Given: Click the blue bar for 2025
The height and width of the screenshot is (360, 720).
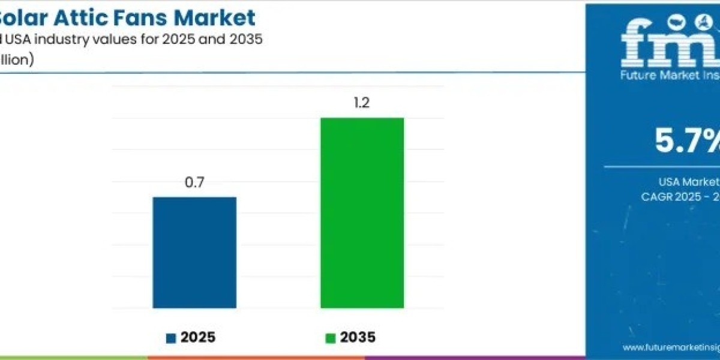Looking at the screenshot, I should [x=194, y=252].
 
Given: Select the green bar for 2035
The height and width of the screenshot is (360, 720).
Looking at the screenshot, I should [x=362, y=213].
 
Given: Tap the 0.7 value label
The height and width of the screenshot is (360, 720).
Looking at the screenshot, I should [x=194, y=183].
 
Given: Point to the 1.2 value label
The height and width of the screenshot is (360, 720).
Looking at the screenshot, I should [x=362, y=103].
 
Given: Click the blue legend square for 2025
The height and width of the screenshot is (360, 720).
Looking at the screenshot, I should [x=171, y=338].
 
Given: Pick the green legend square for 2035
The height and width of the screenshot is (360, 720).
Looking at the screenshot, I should [x=330, y=338].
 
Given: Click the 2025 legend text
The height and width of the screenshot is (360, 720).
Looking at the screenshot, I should [x=197, y=338].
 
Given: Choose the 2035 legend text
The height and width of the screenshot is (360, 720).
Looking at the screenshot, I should [x=358, y=338].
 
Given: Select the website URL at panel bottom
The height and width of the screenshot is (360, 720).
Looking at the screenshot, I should [x=671, y=347].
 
